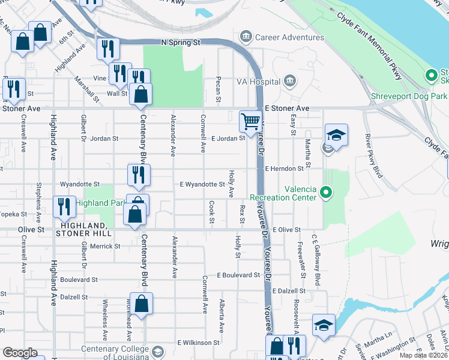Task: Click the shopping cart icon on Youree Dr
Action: coord(250,122)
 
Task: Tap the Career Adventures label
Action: coord(289,37)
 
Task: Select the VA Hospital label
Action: coord(259,82)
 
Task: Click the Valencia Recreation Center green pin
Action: coord(326,192)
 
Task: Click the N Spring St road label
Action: coord(180,43)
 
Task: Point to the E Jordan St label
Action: coord(228,138)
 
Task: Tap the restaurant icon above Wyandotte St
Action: coord(137,175)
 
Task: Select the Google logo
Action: coord(20,353)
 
